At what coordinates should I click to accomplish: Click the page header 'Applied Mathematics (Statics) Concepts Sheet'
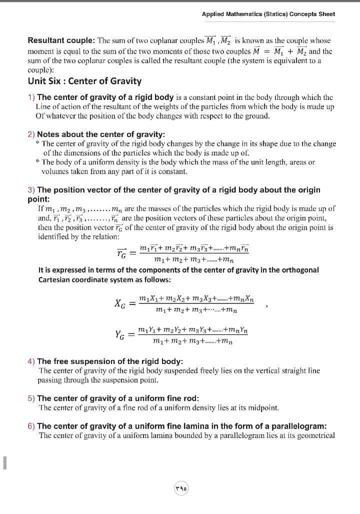click(x=268, y=14)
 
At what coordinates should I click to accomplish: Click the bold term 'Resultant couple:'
click(x=61, y=40)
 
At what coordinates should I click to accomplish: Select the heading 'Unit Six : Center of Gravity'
click(x=84, y=81)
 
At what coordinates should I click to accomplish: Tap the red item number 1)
click(x=31, y=97)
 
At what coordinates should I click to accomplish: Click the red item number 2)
click(x=31, y=134)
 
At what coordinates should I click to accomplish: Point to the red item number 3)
click(x=31, y=190)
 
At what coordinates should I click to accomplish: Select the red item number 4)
click(x=31, y=361)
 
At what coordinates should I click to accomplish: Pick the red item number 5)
click(x=31, y=398)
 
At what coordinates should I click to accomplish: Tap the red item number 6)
click(x=31, y=426)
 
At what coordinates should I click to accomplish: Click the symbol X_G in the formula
click(x=120, y=303)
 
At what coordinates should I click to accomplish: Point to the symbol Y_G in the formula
click(x=120, y=335)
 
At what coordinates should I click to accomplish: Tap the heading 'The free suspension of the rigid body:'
click(x=110, y=361)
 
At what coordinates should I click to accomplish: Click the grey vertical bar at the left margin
click(x=4, y=462)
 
